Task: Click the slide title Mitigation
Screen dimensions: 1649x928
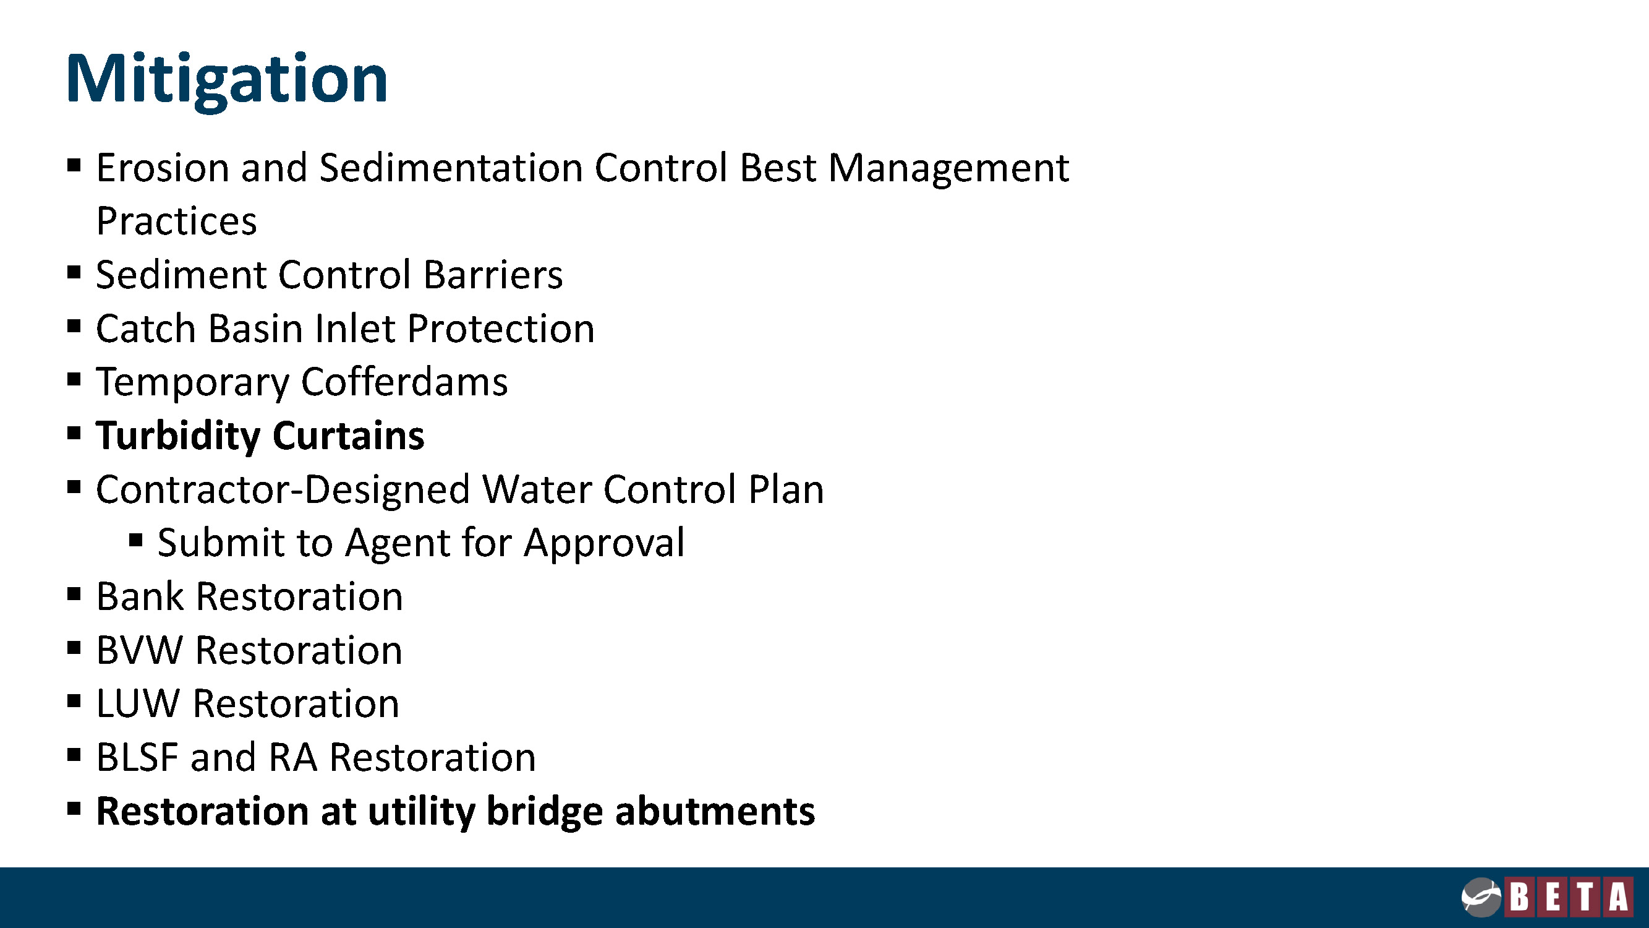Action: click(x=227, y=80)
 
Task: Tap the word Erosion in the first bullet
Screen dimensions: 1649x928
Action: click(x=163, y=168)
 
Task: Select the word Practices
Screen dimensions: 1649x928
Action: click(x=177, y=221)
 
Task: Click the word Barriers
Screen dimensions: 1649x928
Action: click(x=493, y=275)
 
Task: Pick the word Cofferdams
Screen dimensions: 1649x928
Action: click(x=404, y=382)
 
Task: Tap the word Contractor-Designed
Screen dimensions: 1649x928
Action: click(x=283, y=490)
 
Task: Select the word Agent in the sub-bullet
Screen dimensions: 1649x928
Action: click(x=397, y=544)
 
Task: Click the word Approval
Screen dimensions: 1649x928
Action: click(x=604, y=544)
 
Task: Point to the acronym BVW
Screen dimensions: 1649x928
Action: click(x=140, y=651)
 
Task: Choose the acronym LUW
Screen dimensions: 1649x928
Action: click(x=138, y=704)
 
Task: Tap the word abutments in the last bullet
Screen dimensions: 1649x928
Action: click(x=715, y=812)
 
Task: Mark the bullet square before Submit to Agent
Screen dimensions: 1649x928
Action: click(x=135, y=541)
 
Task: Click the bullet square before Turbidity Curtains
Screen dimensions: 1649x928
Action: click(x=74, y=434)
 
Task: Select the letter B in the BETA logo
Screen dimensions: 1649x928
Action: click(x=1520, y=896)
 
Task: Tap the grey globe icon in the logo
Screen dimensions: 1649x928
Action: click(x=1481, y=896)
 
